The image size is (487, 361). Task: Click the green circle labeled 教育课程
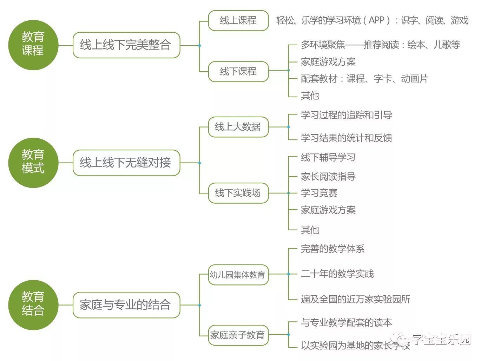pos(33,45)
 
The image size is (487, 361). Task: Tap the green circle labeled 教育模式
pos(33,163)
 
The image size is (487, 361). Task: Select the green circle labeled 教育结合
pos(33,305)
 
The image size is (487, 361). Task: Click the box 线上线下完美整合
pos(126,45)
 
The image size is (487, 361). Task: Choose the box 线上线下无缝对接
pos(126,163)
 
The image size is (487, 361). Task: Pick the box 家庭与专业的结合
pos(126,305)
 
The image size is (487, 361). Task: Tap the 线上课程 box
pos(238,20)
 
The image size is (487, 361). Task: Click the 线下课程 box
pos(238,72)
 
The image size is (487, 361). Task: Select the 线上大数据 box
pos(238,127)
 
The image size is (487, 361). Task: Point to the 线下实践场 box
pos(238,193)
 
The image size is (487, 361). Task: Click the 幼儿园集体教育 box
pos(238,275)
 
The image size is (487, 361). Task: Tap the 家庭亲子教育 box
pos(238,335)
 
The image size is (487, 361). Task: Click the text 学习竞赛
pos(319,193)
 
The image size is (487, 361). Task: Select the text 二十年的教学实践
pos(337,274)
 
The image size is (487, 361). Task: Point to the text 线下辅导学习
pos(328,157)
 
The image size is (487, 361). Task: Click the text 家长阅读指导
pos(328,176)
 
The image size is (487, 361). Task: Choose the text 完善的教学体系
pos(333,249)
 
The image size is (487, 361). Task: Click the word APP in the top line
pos(376,20)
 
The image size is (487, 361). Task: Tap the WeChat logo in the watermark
pos(399,339)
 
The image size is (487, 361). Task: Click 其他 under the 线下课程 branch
pos(310,96)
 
